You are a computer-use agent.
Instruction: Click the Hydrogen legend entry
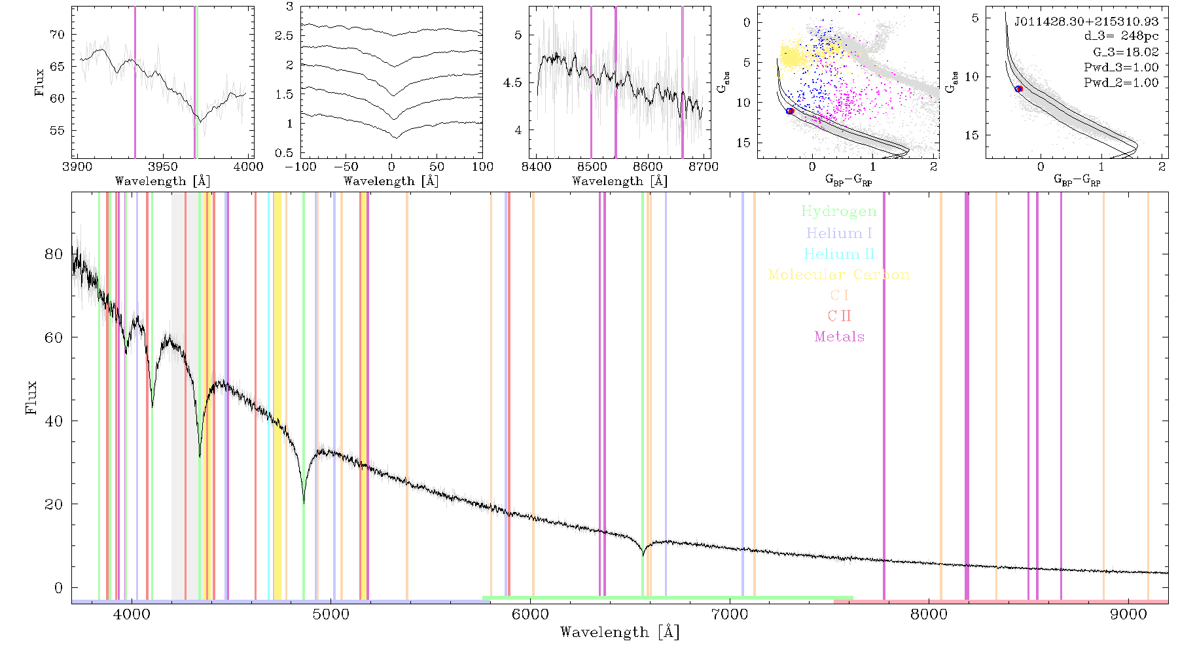pyautogui.click(x=838, y=212)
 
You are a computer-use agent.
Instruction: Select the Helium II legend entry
pyautogui.click(x=839, y=254)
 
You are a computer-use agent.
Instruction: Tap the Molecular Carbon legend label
pyautogui.click(x=839, y=275)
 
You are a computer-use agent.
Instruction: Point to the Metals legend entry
pyautogui.click(x=840, y=337)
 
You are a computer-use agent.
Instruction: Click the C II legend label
pyautogui.click(x=840, y=316)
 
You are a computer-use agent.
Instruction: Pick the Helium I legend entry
pyautogui.click(x=839, y=233)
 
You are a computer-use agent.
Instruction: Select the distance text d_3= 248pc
pyautogui.click(x=1121, y=37)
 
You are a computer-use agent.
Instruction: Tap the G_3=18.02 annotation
pyautogui.click(x=1126, y=52)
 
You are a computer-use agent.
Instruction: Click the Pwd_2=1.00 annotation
pyautogui.click(x=1121, y=83)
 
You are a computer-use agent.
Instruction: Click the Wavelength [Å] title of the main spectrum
pyautogui.click(x=620, y=632)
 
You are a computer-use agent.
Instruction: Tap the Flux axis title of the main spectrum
pyautogui.click(x=31, y=397)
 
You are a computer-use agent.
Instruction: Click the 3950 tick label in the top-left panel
pyautogui.click(x=162, y=167)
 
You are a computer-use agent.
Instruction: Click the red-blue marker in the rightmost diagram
pyautogui.click(x=1018, y=89)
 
